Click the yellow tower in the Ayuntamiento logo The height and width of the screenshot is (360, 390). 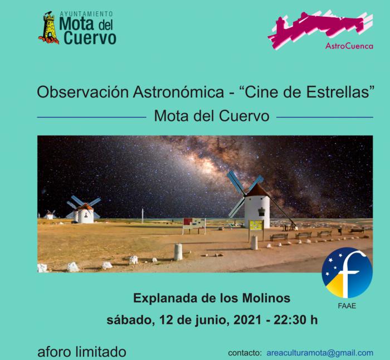(x=49, y=27)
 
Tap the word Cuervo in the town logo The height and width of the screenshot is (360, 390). (x=90, y=38)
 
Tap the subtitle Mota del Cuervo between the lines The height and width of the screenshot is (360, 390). (x=212, y=116)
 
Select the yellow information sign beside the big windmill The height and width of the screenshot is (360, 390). (x=256, y=225)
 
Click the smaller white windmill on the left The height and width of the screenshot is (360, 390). (x=85, y=214)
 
